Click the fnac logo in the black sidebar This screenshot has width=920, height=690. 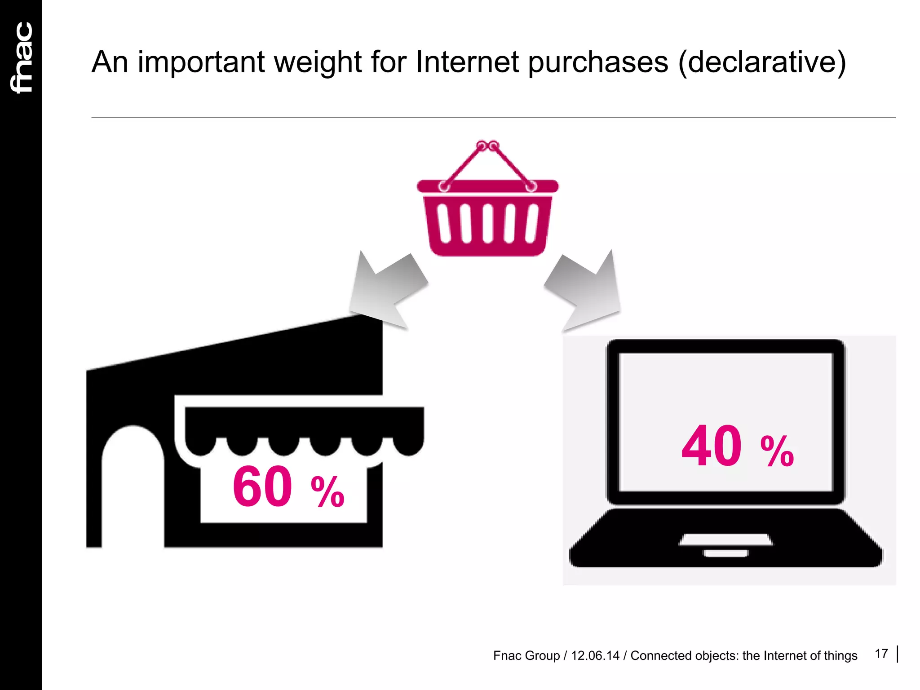click(22, 57)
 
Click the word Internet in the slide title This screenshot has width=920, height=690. click(467, 62)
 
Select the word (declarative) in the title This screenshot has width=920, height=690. click(762, 63)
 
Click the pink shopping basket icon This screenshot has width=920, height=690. click(488, 211)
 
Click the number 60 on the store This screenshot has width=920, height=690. click(262, 487)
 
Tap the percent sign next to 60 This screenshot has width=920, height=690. click(327, 492)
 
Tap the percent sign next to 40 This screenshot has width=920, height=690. click(777, 451)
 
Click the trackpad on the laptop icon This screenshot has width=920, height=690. click(725, 540)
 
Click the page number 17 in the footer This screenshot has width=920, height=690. click(881, 654)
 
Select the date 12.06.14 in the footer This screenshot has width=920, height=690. click(595, 656)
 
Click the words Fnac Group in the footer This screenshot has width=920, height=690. click(526, 656)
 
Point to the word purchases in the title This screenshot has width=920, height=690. click(598, 63)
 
